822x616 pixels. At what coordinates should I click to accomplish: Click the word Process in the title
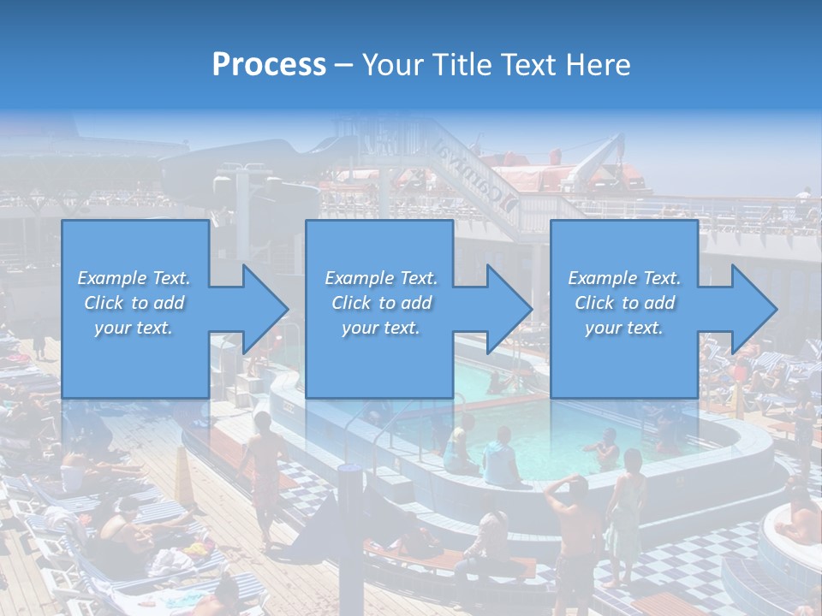pos(269,65)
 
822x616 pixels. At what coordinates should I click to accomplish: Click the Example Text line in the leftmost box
pos(134,278)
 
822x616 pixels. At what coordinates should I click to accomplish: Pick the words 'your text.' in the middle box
pos(381,328)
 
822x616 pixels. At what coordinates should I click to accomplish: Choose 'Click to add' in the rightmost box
pos(624,303)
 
